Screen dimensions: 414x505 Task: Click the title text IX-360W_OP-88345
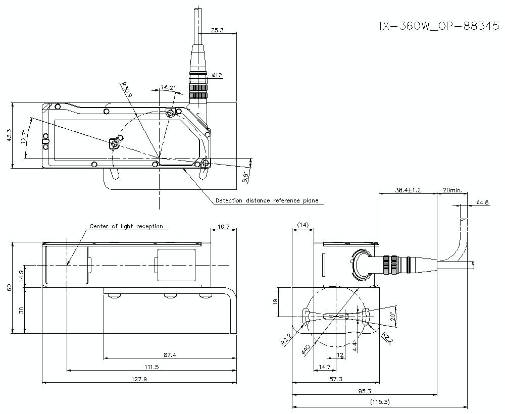pyautogui.click(x=439, y=26)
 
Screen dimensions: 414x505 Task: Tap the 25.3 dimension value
pyautogui.click(x=217, y=31)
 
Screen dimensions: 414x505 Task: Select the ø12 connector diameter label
pyautogui.click(x=217, y=75)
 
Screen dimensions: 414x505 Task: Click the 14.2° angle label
pyautogui.click(x=168, y=87)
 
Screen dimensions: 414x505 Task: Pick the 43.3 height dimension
pyautogui.click(x=9, y=136)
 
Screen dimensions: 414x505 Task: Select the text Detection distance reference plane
pyautogui.click(x=267, y=200)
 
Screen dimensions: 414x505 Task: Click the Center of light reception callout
pyautogui.click(x=126, y=226)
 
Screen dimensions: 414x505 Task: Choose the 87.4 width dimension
pyautogui.click(x=170, y=355)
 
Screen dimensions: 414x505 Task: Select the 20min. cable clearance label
pyautogui.click(x=452, y=190)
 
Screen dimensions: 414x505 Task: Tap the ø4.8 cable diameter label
pyautogui.click(x=482, y=202)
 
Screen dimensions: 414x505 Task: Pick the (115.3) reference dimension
pyautogui.click(x=379, y=402)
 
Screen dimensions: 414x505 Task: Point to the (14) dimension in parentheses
pyautogui.click(x=303, y=225)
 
